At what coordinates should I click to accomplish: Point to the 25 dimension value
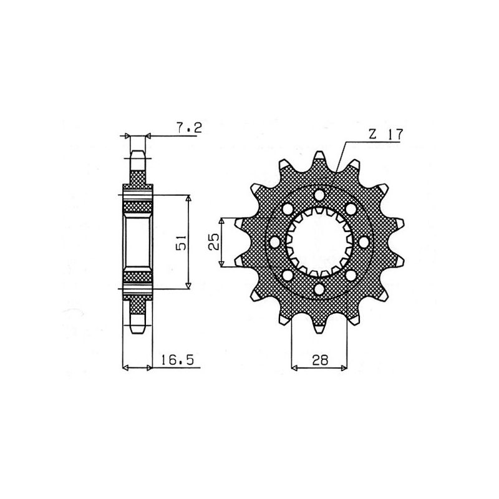point(213,242)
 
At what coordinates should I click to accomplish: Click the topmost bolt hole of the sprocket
point(319,195)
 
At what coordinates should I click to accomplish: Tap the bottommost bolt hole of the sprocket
point(319,289)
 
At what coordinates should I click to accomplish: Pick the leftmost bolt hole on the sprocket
point(273,242)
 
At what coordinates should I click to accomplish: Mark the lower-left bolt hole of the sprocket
point(287,275)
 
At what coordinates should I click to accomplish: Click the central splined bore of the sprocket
point(319,242)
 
